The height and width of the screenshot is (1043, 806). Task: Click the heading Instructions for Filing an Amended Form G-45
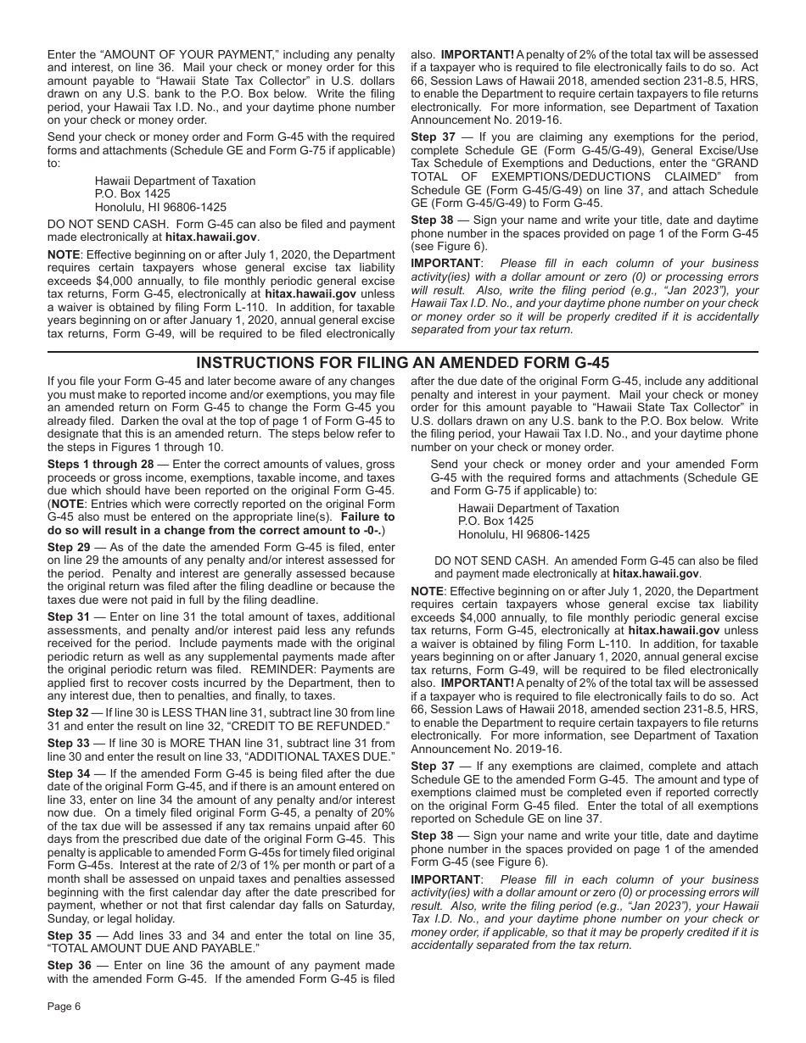click(402, 363)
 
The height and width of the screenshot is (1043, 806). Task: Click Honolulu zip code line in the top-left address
click(160, 207)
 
